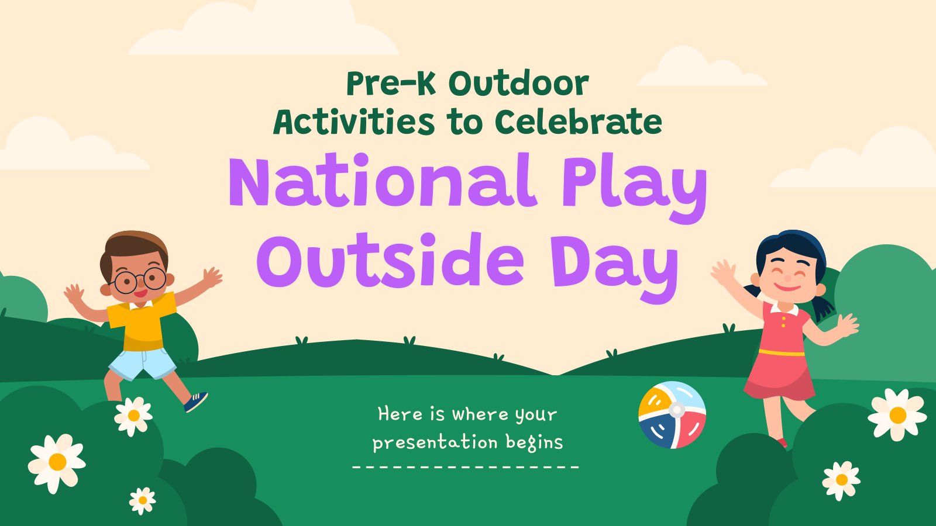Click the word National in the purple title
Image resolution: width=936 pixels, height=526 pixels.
(x=382, y=180)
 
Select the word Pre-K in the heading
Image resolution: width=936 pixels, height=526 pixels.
(x=391, y=84)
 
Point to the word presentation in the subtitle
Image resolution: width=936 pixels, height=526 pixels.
(x=435, y=442)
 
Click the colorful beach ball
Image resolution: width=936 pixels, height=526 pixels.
(x=672, y=415)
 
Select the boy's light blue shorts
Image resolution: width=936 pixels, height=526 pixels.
(x=143, y=363)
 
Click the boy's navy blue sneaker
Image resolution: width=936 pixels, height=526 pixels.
(x=195, y=402)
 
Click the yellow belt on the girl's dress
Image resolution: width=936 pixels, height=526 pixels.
(x=782, y=353)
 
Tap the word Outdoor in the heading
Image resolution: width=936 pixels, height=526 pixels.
(x=518, y=84)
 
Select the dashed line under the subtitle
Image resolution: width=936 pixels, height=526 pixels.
(x=466, y=467)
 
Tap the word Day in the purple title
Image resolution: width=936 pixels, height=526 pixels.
(x=615, y=267)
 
